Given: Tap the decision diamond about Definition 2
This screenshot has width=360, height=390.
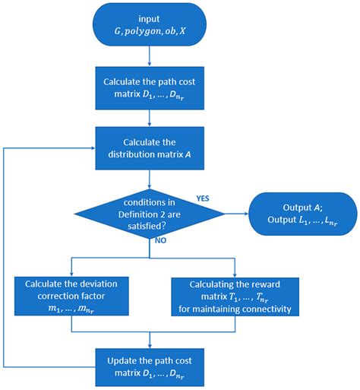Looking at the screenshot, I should pos(150,211).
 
